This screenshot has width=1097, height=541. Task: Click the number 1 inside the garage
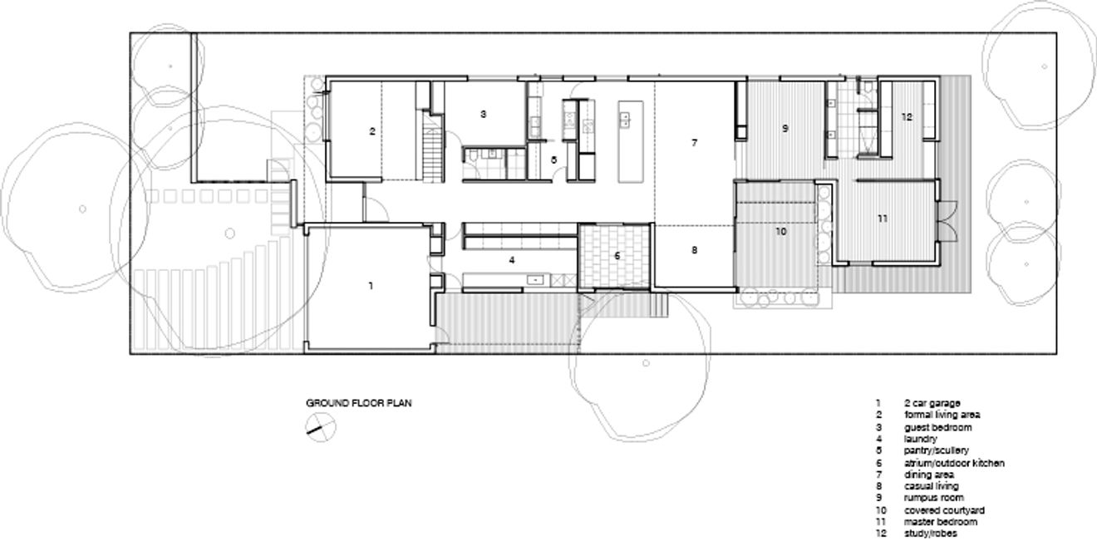click(371, 285)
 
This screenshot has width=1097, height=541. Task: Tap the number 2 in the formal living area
click(372, 131)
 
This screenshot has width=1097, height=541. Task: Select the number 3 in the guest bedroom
click(483, 113)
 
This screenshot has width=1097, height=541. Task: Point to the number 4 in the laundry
click(513, 260)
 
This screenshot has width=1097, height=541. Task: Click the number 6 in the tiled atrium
click(617, 256)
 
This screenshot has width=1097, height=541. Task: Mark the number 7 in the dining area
click(694, 143)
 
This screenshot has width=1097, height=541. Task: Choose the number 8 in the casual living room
click(694, 250)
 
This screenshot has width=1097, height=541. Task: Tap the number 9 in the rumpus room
click(785, 129)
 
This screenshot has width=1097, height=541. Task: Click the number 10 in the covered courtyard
click(780, 232)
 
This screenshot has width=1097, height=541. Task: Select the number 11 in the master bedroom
click(883, 218)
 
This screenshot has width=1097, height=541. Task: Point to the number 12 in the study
click(907, 117)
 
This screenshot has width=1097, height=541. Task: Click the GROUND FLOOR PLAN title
click(359, 403)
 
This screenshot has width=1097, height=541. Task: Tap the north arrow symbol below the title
click(320, 429)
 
